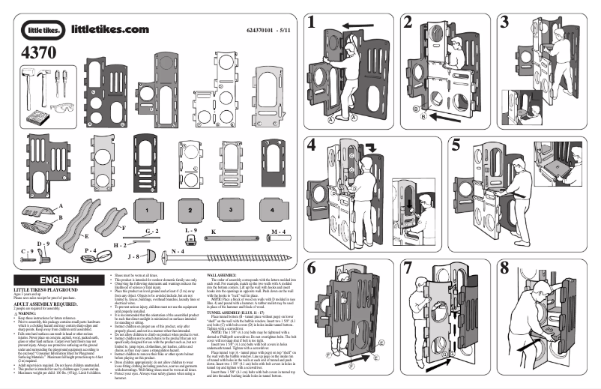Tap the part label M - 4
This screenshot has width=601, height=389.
[x=277, y=232]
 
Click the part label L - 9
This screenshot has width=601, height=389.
[x=190, y=228]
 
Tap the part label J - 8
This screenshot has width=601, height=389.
[x=135, y=256]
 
